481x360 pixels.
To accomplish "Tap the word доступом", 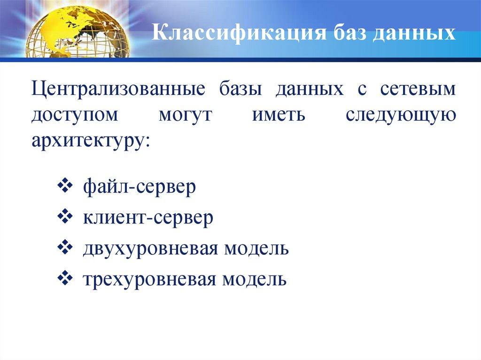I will point(75,115).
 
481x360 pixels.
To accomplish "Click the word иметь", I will point(279,115).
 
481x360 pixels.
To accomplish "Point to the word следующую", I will point(401,115).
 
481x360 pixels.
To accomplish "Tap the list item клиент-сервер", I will point(148,218).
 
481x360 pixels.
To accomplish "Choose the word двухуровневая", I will point(149,248).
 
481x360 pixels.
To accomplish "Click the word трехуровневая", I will point(149,279).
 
